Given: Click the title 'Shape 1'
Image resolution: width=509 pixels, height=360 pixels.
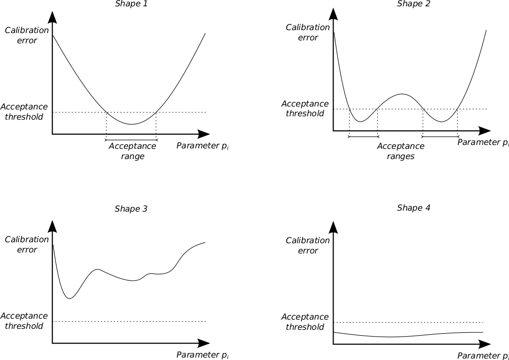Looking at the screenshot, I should click(131, 4).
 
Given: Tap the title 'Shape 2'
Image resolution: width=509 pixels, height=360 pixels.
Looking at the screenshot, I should click(413, 4).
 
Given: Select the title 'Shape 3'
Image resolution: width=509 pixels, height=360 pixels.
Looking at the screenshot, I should click(131, 209).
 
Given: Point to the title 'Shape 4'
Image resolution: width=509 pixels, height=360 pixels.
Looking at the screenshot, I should click(413, 208).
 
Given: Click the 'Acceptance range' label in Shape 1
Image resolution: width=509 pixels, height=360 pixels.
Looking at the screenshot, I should click(133, 151).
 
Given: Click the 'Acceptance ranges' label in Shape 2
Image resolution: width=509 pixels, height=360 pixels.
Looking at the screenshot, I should click(401, 151).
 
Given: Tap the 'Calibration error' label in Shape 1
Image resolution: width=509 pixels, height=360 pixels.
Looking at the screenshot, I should click(27, 36).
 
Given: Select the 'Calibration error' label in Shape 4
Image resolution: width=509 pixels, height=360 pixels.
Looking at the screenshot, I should click(308, 246).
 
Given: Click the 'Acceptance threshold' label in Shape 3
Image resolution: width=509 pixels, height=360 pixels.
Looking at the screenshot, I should click(24, 321).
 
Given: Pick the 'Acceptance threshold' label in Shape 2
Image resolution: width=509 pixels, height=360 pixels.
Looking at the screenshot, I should click(305, 108).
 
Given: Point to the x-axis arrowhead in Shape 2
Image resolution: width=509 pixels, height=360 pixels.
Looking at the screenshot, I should click(484, 131).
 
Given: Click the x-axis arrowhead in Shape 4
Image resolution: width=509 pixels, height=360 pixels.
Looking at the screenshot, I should click(484, 343).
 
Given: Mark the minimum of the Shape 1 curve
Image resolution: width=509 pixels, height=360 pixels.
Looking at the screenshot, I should click(131, 124).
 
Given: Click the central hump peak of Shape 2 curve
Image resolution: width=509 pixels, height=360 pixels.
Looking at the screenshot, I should click(402, 94).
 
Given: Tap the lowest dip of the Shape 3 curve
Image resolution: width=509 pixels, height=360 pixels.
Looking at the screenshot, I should click(70, 298).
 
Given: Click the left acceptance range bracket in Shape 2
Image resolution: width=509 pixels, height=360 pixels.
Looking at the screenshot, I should click(363, 137).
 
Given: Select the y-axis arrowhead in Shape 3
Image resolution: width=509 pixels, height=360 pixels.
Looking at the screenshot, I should click(53, 226).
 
